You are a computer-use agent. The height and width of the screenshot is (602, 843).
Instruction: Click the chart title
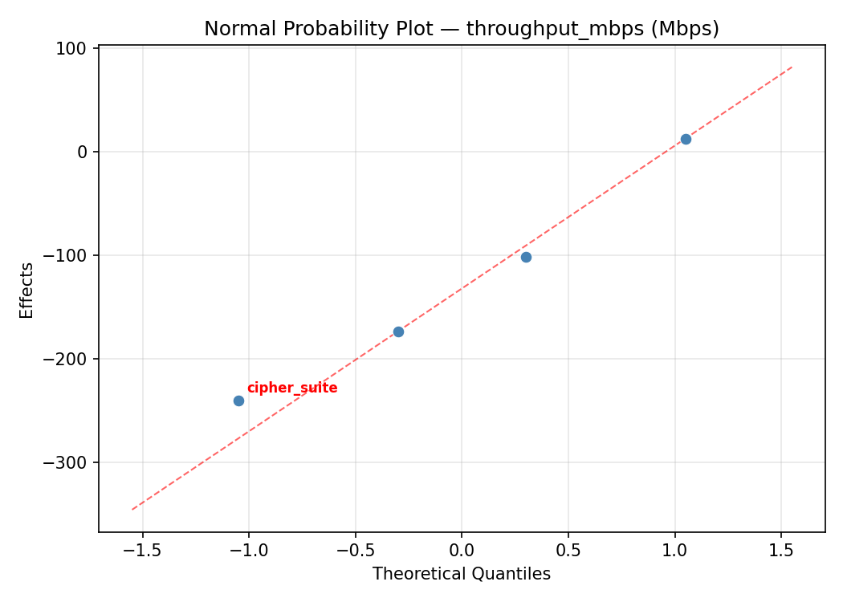point(462,29)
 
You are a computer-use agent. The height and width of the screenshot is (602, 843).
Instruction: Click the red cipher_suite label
point(292,388)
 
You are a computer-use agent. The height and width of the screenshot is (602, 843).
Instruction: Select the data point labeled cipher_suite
point(238,401)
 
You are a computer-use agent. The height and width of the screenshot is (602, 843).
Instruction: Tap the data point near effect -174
point(398,332)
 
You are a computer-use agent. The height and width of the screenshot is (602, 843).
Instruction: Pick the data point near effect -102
point(526,257)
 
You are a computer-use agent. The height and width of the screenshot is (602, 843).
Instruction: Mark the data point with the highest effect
point(686,139)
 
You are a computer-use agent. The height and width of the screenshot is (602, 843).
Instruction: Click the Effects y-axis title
point(27,290)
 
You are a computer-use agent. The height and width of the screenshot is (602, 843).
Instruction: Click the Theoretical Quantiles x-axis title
point(462,574)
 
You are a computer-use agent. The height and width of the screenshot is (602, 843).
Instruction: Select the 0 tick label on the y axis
point(83,152)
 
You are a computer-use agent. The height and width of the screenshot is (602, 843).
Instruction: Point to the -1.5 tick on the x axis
point(142,550)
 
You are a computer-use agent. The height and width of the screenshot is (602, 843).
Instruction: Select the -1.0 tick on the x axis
point(248,550)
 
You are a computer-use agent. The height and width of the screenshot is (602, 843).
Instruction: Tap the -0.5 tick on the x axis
point(355,550)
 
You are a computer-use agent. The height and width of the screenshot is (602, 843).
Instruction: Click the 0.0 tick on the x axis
point(462,550)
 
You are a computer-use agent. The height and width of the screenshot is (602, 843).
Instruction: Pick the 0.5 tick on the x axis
point(568,550)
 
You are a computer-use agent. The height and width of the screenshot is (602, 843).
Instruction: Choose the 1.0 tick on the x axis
point(674,550)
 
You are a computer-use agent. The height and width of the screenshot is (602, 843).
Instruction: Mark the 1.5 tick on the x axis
point(781,550)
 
